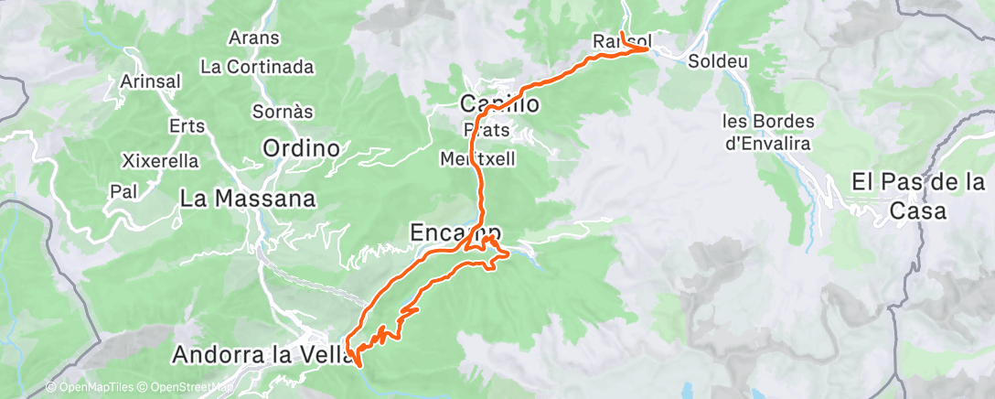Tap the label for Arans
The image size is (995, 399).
(254, 38)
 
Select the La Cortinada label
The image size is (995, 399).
(257, 67)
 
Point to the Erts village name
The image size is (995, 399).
(187, 125)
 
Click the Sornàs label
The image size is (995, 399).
(284, 112)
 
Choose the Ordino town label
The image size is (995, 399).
(301, 147)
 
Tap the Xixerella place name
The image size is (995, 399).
(160, 161)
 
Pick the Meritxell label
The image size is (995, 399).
(478, 158)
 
